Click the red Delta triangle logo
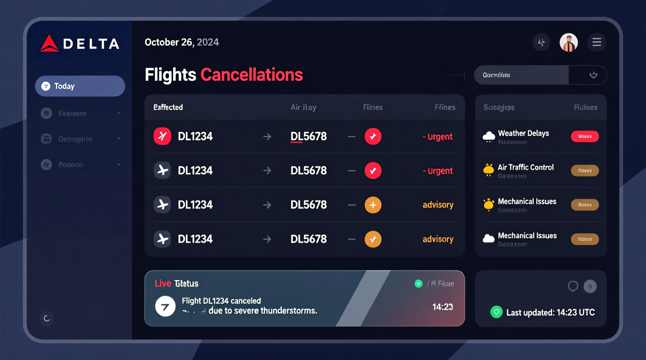(49, 44)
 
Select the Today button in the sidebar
(80, 86)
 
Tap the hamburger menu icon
(597, 42)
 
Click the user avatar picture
(568, 42)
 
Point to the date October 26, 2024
(182, 42)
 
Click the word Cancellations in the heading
(252, 75)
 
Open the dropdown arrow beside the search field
(593, 75)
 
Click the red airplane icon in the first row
(162, 136)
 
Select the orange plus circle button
(373, 205)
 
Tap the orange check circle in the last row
(373, 239)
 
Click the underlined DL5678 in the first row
(309, 137)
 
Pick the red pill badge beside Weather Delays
(585, 137)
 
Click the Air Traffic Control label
(526, 167)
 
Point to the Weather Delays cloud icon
(489, 137)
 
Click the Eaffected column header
(168, 107)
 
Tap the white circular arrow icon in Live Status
(165, 306)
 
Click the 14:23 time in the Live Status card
(443, 307)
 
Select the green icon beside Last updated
(496, 312)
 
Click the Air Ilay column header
(303, 107)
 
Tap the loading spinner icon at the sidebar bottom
(47, 318)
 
